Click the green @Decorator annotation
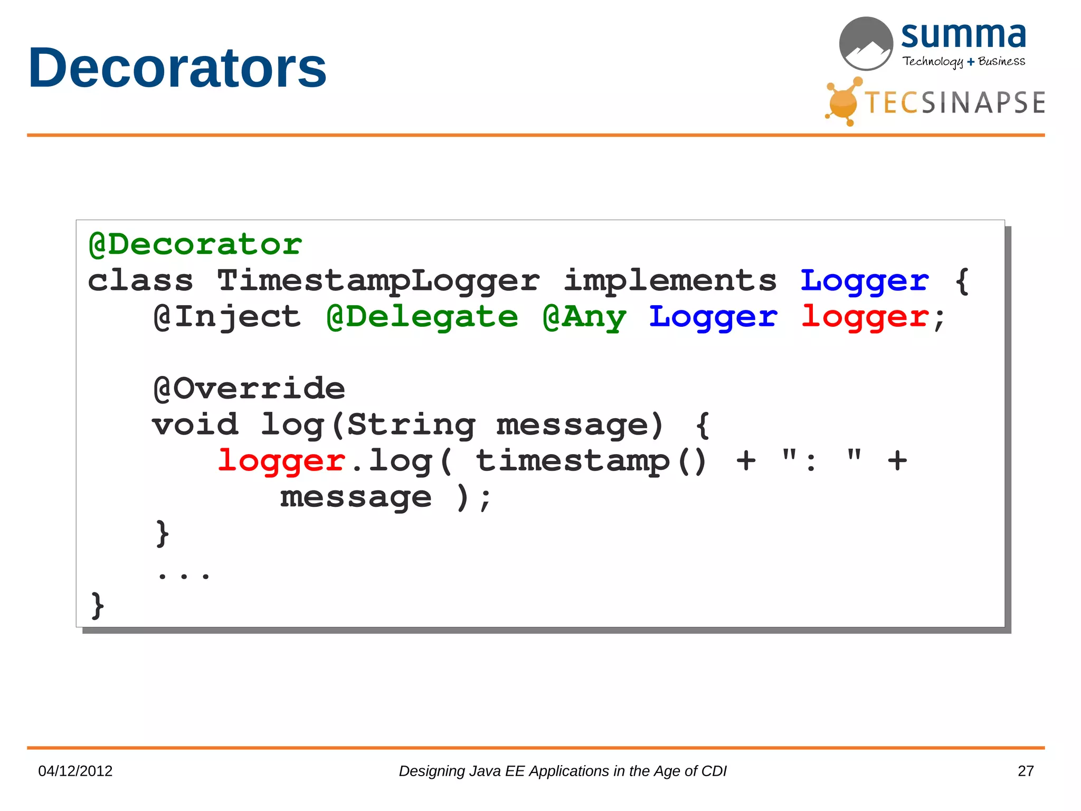point(195,244)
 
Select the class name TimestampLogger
point(378,280)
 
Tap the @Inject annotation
point(227,317)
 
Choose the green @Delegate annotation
point(422,317)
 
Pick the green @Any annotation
point(585,317)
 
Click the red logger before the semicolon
point(865,317)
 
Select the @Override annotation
point(249,389)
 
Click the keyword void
point(195,425)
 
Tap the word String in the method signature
point(412,425)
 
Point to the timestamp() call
point(591,461)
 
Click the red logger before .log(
point(281,461)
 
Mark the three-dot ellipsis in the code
point(184,574)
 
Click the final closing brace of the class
point(98,605)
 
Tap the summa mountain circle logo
point(866,43)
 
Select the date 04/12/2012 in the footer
point(75,771)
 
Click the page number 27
point(1026,771)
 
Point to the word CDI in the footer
point(714,771)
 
